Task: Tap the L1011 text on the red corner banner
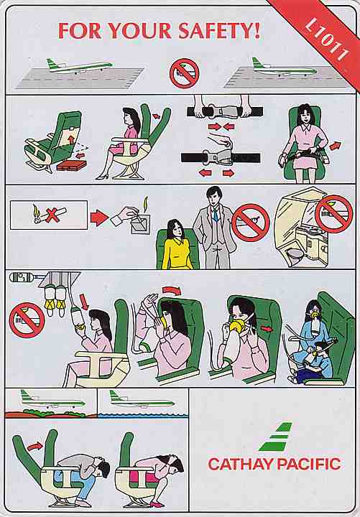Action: [326, 40]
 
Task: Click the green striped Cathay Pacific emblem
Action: [276, 436]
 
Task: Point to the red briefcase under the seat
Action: [71, 165]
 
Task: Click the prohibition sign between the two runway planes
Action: [185, 73]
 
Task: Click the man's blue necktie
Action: [215, 214]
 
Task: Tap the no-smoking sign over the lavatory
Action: [334, 214]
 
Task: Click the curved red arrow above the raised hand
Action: [172, 290]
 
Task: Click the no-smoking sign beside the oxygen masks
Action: [27, 320]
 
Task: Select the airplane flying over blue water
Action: [142, 401]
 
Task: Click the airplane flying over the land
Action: [52, 400]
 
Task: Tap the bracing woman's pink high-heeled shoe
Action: [154, 504]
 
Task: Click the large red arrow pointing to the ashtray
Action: [99, 218]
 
